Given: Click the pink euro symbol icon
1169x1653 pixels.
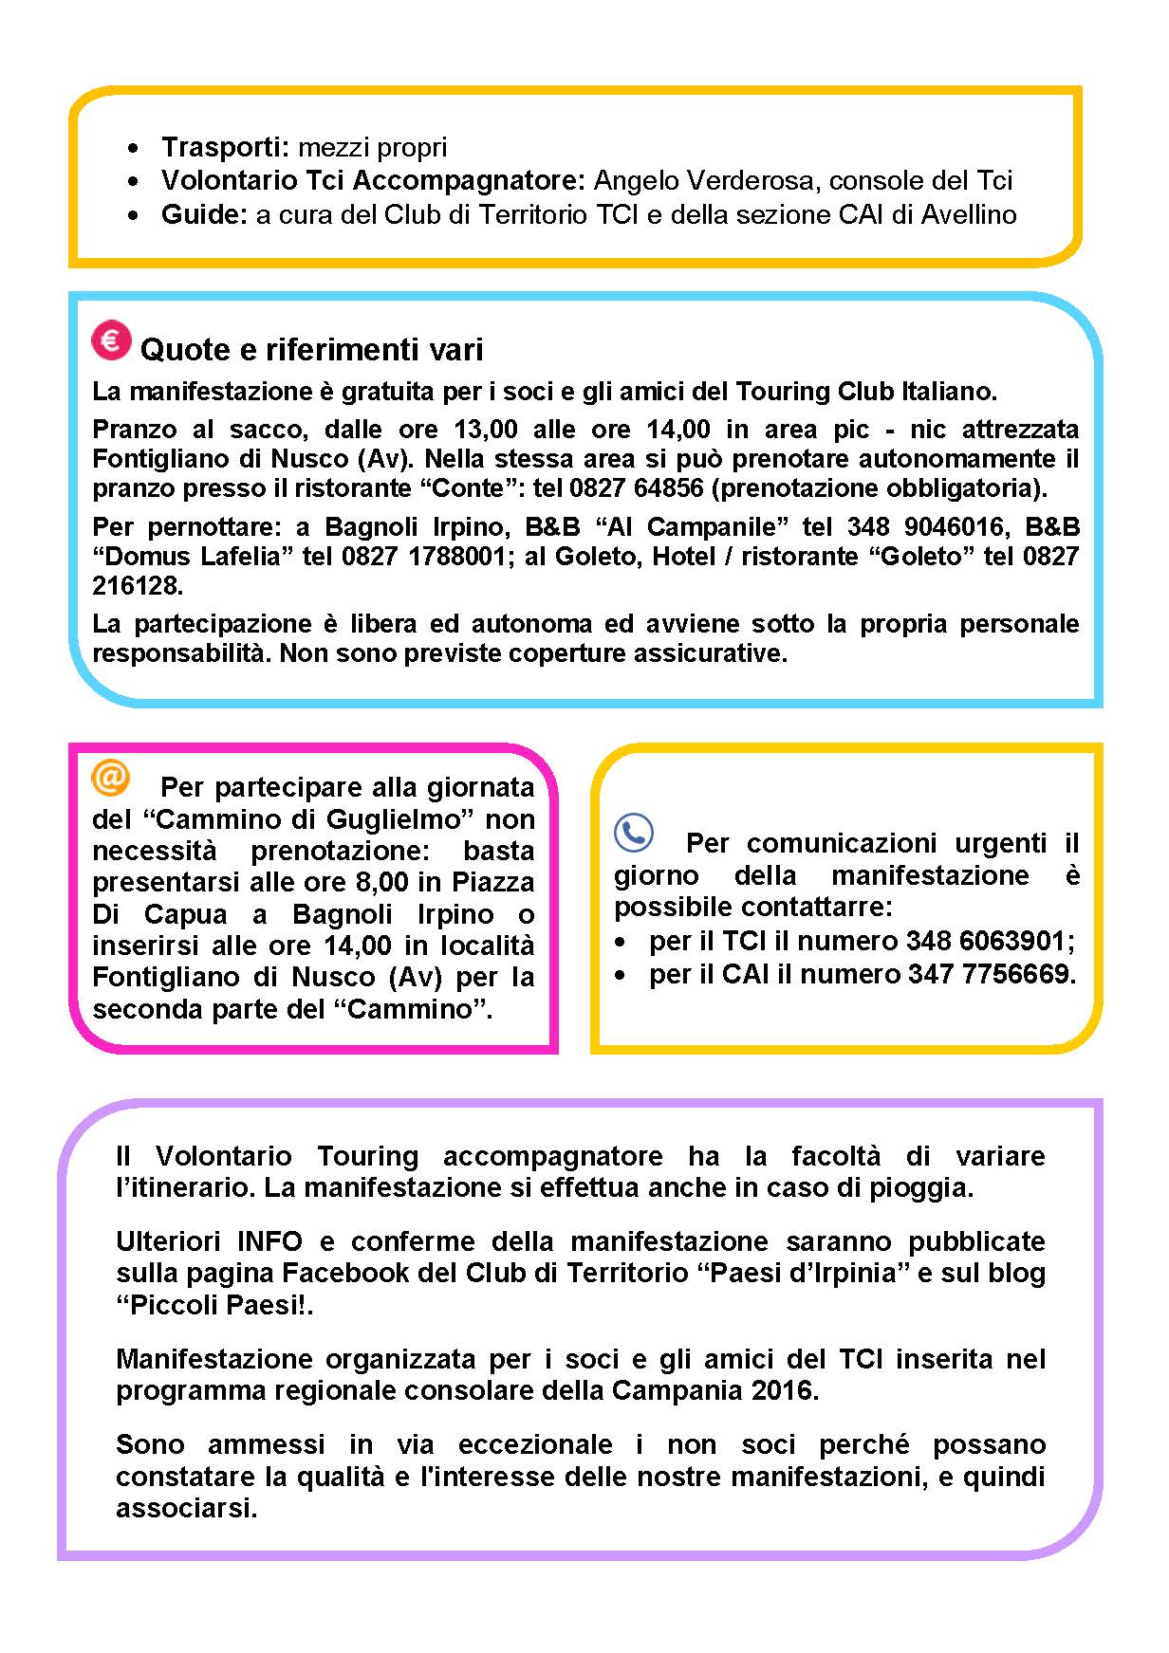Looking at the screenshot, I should point(111,340).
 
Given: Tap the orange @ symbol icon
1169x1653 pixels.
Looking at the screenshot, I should point(110,777).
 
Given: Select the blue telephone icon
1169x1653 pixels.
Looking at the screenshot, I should point(633,834).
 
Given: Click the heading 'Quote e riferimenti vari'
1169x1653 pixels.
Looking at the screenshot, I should point(311,350).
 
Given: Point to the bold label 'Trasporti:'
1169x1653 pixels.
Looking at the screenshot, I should point(225,148).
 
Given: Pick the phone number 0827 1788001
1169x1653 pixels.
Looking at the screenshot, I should point(423,556).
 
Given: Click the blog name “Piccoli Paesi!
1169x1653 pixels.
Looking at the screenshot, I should point(214,1305).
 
